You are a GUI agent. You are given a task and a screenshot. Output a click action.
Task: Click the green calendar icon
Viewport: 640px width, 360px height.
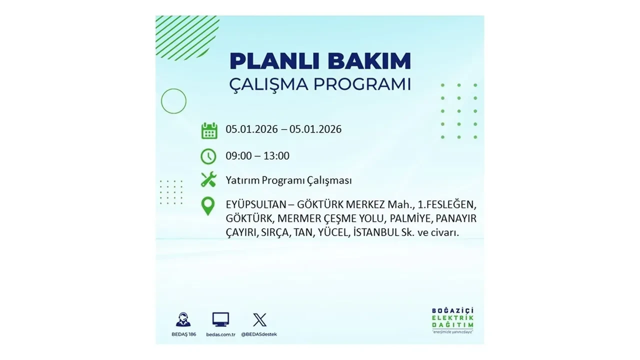tap(209, 130)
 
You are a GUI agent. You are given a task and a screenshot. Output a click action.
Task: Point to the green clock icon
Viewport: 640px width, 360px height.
tap(208, 156)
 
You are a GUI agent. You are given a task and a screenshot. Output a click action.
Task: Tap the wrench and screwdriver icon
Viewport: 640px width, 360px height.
tap(208, 179)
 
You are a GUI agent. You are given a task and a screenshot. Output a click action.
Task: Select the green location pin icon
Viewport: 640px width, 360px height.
tap(208, 206)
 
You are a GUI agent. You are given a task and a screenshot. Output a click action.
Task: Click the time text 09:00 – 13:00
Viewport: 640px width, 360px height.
tap(257, 156)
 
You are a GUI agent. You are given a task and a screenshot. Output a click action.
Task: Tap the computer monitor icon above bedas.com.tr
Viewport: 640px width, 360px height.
tap(220, 319)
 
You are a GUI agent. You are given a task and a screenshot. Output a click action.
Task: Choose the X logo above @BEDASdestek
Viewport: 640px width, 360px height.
tap(259, 319)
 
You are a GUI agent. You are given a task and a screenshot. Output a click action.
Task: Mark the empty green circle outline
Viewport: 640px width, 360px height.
tap(173, 101)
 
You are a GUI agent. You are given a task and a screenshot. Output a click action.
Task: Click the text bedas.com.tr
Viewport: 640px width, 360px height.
tap(220, 334)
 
